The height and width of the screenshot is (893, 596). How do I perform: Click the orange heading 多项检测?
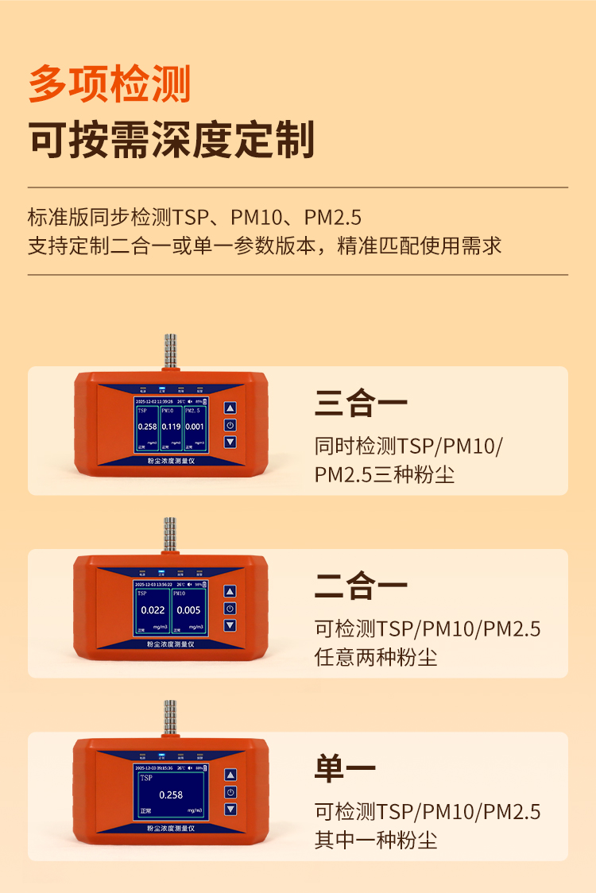(110, 84)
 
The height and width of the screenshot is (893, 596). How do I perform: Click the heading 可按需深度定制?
(172, 141)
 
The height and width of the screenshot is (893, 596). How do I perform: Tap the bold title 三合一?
(361, 404)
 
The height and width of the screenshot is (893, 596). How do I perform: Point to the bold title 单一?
(345, 769)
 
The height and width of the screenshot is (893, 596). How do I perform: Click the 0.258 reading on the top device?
(147, 427)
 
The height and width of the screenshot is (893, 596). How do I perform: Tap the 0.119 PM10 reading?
(171, 427)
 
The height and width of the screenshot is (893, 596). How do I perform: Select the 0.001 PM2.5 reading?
(195, 427)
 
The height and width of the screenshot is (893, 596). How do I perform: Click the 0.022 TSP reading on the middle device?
(153, 610)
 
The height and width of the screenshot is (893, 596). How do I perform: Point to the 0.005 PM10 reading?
(188, 610)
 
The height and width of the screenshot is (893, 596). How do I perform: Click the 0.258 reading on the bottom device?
(171, 794)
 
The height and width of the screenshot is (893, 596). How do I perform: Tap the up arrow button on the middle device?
(230, 592)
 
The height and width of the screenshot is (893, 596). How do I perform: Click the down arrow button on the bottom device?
(230, 810)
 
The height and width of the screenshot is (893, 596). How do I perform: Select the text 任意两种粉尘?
(376, 658)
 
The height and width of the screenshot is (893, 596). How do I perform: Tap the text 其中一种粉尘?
(376, 841)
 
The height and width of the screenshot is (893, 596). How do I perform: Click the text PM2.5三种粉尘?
(385, 475)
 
